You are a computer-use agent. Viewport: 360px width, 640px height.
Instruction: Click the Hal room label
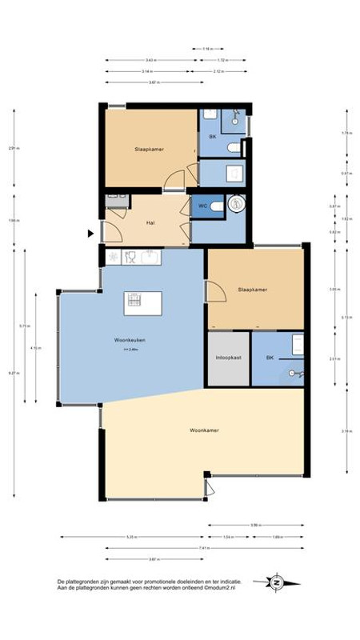(x=150, y=223)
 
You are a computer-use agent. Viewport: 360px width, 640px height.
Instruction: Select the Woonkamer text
(x=204, y=430)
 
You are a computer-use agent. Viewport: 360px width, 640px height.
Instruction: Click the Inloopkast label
(x=228, y=358)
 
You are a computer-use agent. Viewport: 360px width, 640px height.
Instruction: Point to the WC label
(x=204, y=205)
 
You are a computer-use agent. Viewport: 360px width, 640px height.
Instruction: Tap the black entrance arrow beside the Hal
(x=91, y=234)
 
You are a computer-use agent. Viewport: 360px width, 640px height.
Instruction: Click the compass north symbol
(x=278, y=582)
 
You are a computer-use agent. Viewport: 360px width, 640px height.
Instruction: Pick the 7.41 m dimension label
(x=204, y=548)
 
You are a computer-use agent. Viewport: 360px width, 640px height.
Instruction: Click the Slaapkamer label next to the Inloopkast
(x=252, y=290)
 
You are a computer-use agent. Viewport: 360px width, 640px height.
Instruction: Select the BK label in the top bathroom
(x=212, y=137)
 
